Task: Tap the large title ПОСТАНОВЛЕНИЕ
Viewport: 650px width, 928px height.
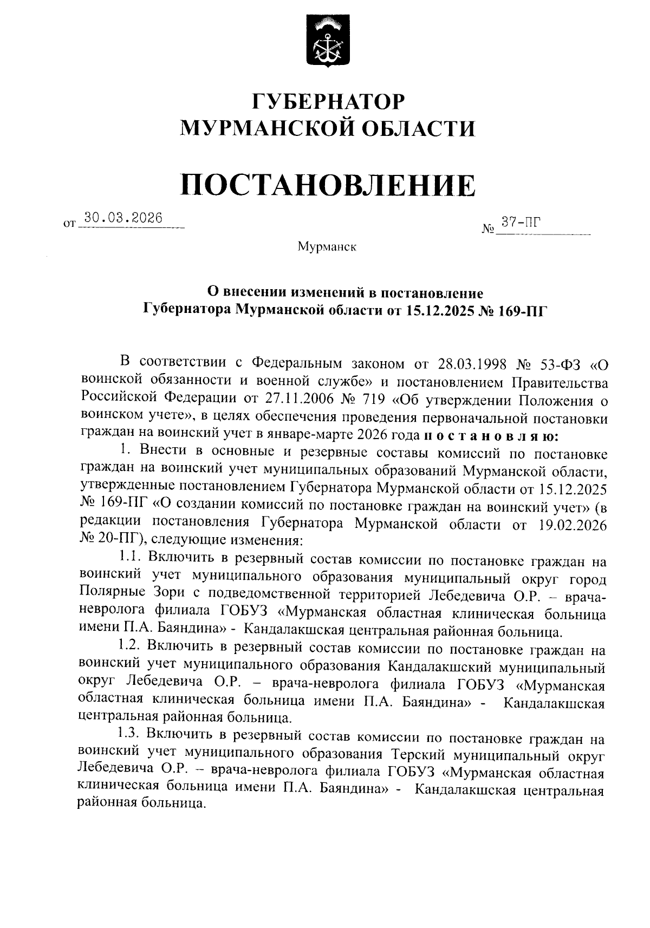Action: (x=328, y=185)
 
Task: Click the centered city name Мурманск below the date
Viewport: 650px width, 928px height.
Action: (x=327, y=247)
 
